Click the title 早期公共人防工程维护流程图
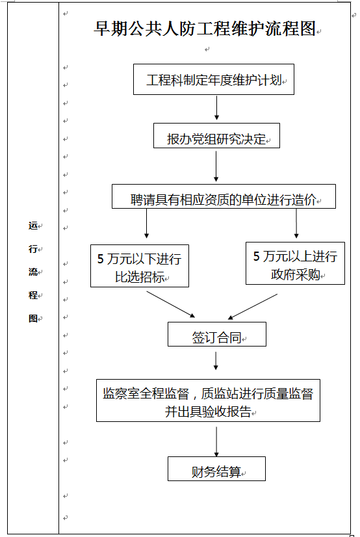click(204, 29)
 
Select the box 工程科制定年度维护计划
click(214, 79)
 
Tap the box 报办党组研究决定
click(216, 136)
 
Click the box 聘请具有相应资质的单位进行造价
click(224, 196)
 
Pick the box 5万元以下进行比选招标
click(140, 266)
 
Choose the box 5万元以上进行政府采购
click(295, 263)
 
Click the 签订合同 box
click(216, 334)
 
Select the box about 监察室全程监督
click(208, 400)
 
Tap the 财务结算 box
click(216, 469)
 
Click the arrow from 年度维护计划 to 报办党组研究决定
click(216, 108)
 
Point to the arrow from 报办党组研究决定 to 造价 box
click(216, 166)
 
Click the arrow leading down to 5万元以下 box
click(146, 223)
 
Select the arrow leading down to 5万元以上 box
click(296, 223)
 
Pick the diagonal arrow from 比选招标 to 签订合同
click(171, 304)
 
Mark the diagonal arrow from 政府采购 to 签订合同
click(253, 306)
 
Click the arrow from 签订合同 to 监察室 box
click(216, 361)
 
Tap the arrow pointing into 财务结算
click(216, 442)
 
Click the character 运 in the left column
click(33, 226)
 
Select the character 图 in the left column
click(33, 318)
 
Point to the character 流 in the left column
click(33, 272)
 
